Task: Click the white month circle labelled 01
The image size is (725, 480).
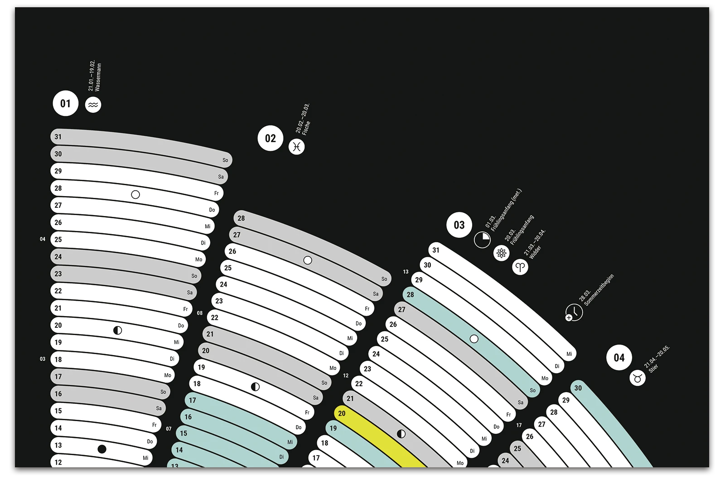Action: [x=66, y=104]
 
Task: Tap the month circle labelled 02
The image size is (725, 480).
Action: [x=271, y=138]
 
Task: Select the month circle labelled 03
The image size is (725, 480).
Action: [x=459, y=225]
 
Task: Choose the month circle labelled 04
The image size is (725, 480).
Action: [x=619, y=358]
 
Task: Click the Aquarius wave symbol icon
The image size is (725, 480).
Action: [x=93, y=105]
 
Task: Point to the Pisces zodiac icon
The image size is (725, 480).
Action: [x=297, y=147]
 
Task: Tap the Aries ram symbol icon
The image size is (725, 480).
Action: [x=520, y=267]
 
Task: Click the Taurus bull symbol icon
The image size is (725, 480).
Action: [x=638, y=377]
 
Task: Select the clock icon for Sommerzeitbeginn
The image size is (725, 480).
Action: [x=574, y=312]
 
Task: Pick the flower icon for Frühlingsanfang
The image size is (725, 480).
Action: [x=501, y=253]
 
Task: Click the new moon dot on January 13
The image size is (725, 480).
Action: [x=102, y=449]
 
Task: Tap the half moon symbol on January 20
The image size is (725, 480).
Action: [x=117, y=331]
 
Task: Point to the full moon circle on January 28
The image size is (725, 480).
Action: [x=135, y=195]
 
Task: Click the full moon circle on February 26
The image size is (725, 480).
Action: [x=308, y=260]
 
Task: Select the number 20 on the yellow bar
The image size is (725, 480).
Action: [x=342, y=413]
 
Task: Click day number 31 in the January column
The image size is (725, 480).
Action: [x=58, y=137]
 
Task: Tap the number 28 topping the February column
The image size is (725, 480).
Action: [x=241, y=218]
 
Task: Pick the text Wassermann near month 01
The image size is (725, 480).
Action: [x=98, y=77]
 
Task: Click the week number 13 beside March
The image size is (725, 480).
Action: [x=406, y=272]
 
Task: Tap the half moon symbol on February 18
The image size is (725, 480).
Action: [x=256, y=387]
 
